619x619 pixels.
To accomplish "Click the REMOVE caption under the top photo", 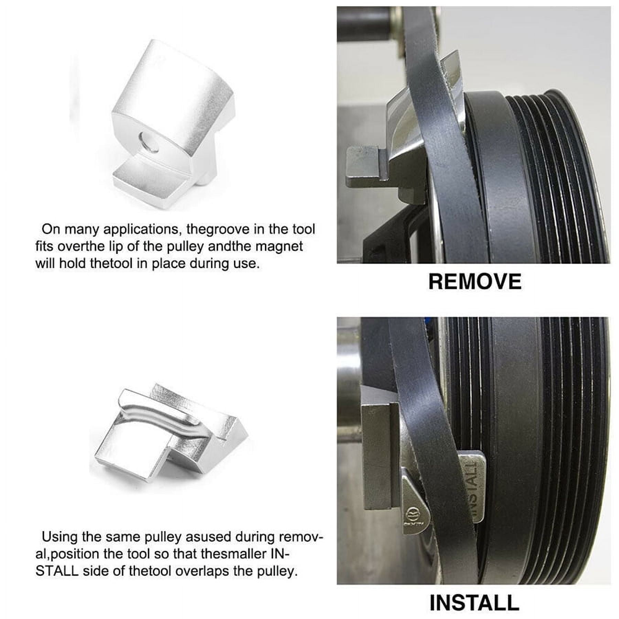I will pyautogui.click(x=475, y=282).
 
